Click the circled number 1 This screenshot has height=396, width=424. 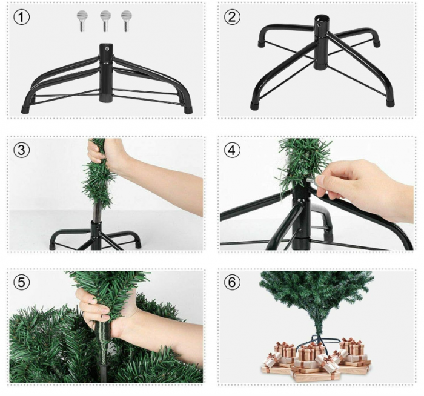(x=22, y=17)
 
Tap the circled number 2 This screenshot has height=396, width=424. (x=232, y=17)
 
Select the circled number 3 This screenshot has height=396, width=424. (x=22, y=150)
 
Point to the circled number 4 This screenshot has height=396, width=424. (x=232, y=150)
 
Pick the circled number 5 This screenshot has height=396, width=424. (x=22, y=282)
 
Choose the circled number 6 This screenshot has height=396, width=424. (x=232, y=282)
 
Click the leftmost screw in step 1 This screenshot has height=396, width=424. (x=82, y=21)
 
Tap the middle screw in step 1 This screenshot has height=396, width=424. (x=105, y=21)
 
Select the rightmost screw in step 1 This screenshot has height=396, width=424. (x=126, y=21)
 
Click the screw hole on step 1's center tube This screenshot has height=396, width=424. (x=107, y=49)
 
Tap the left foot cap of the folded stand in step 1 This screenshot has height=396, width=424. (x=25, y=110)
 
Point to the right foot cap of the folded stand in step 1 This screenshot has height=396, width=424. (x=188, y=110)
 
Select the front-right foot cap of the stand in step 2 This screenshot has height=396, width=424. (x=390, y=103)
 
